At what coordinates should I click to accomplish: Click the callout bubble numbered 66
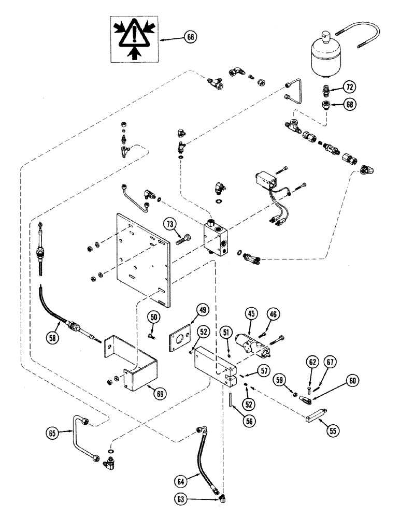(191, 37)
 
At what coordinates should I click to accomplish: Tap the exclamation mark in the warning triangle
(134, 34)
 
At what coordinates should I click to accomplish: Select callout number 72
(350, 87)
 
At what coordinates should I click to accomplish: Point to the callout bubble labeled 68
(350, 105)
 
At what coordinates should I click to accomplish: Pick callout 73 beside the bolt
(169, 225)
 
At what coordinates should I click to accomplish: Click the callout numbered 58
(52, 337)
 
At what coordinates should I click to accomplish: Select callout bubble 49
(203, 310)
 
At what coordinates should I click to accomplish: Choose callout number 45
(252, 313)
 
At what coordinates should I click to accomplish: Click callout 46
(273, 314)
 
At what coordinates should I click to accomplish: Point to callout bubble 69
(160, 394)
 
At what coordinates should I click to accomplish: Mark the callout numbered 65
(52, 433)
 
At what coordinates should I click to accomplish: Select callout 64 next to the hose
(180, 481)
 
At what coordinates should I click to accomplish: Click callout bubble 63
(180, 499)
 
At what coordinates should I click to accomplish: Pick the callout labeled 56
(250, 421)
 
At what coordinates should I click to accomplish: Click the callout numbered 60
(352, 381)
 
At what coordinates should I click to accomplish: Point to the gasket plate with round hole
(180, 338)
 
